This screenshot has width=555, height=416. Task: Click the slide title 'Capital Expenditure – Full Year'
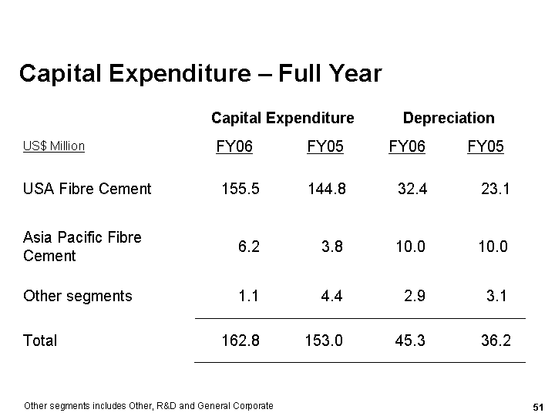click(200, 73)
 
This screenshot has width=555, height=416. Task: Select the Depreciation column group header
click(449, 118)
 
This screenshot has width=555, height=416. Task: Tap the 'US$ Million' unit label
click(54, 146)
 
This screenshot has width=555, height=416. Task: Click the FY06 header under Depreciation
click(407, 146)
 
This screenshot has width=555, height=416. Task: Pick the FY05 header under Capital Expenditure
click(325, 146)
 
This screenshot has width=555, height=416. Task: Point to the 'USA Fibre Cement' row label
click(87, 189)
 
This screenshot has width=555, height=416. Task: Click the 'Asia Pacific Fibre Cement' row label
click(82, 247)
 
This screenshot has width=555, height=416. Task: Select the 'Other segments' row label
click(78, 296)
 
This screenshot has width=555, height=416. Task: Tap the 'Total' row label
click(40, 341)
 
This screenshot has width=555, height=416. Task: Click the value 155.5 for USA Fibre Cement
click(240, 189)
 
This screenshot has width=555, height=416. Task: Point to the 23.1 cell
click(495, 189)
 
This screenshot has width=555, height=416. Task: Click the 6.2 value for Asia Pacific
click(249, 247)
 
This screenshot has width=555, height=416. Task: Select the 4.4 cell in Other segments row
click(331, 296)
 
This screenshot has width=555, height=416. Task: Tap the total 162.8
click(240, 341)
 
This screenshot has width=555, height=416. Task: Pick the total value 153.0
click(324, 341)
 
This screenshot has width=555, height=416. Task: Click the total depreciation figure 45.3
click(409, 341)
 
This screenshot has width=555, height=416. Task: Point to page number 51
click(538, 406)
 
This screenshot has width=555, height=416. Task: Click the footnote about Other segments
click(149, 406)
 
